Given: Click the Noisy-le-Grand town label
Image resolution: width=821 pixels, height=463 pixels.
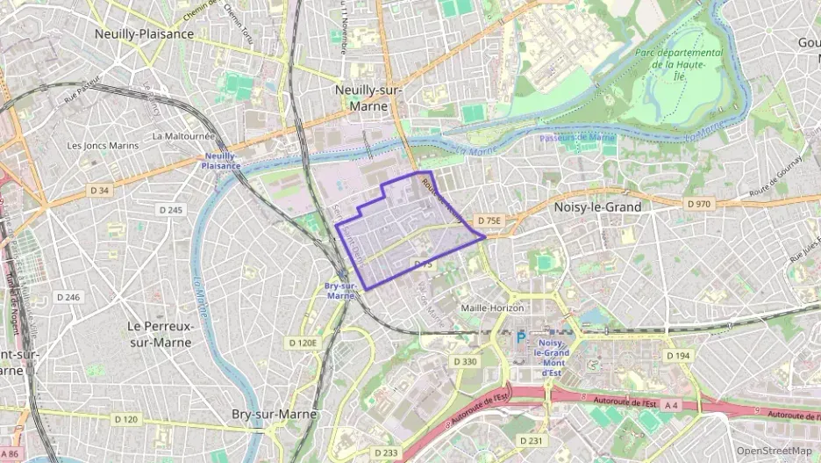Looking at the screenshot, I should [x=598, y=207].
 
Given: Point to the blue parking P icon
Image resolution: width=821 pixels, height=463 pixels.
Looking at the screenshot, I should [x=521, y=337].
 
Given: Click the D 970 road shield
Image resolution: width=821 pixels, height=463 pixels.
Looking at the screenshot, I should [x=699, y=204].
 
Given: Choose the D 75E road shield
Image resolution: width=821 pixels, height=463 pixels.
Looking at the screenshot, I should [x=488, y=221].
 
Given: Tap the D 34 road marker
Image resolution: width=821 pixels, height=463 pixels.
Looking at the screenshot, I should [x=99, y=190].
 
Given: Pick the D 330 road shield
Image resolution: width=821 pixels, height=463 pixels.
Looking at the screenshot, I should [x=465, y=362].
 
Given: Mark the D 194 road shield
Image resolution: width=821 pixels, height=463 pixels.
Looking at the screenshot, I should [x=677, y=356].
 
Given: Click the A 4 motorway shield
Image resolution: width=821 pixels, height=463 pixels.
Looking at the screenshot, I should [x=671, y=405].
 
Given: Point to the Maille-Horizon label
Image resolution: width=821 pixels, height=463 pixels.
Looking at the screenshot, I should [x=492, y=308].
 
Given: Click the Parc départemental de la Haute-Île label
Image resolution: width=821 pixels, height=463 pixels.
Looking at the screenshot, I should [x=680, y=64].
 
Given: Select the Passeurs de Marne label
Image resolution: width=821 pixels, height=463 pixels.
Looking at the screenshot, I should [x=577, y=138].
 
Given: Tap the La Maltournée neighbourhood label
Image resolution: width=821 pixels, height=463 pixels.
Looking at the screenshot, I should [x=183, y=136].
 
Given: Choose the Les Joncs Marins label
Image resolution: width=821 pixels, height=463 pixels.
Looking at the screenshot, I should [x=104, y=145].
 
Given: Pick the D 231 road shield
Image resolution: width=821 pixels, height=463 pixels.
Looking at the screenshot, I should [x=532, y=440].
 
